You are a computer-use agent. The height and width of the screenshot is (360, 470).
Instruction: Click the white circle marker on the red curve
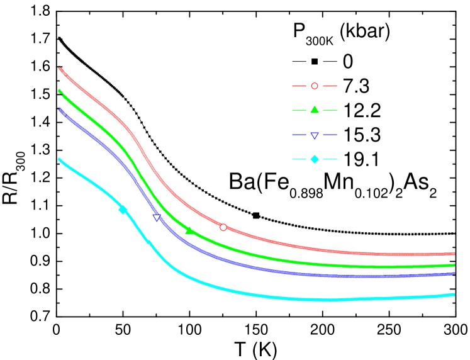click(223, 227)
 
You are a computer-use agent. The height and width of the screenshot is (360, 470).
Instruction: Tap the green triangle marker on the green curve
click(189, 231)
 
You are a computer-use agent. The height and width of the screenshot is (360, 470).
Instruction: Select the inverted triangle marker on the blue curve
click(157, 218)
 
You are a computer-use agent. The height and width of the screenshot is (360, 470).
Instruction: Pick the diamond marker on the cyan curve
click(123, 210)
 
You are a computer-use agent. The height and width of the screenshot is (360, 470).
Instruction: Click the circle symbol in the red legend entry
click(315, 86)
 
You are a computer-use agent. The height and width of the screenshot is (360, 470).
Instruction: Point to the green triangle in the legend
click(315, 110)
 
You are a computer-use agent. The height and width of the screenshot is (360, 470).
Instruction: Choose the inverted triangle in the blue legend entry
click(315, 135)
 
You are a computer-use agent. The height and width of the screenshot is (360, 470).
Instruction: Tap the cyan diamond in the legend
click(315, 159)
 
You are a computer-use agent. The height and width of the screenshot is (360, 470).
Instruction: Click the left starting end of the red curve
click(59, 67)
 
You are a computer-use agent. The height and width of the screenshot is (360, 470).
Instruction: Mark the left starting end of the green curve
click(59, 91)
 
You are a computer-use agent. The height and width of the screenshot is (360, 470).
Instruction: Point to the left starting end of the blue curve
click(59, 109)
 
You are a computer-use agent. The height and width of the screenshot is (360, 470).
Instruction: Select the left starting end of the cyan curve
click(59, 159)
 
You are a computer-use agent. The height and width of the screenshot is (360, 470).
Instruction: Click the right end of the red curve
click(454, 254)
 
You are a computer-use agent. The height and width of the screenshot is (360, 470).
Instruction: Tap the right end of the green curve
click(454, 265)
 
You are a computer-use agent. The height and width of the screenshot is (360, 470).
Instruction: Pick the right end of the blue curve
click(454, 273)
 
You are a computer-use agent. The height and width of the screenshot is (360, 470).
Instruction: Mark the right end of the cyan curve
click(454, 295)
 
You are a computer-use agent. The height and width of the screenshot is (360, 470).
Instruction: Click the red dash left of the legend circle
click(299, 86)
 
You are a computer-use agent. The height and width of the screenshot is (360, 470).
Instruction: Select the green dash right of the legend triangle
click(330, 110)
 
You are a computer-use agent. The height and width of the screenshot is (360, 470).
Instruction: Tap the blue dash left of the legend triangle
click(299, 135)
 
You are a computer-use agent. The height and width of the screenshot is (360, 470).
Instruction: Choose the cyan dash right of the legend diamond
click(330, 159)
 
